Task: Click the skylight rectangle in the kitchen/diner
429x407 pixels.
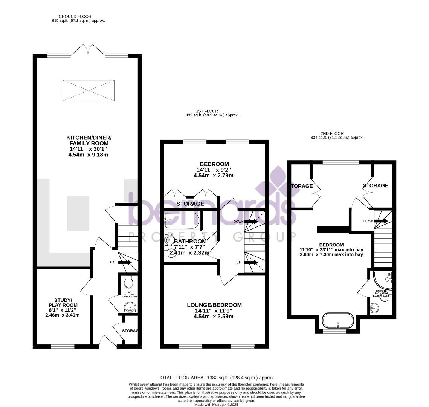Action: (x=89, y=90)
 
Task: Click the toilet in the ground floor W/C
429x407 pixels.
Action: (x=128, y=282)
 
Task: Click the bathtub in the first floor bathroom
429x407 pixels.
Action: (x=182, y=220)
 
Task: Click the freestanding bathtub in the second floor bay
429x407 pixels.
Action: (x=338, y=321)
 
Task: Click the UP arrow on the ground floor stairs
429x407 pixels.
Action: (x=125, y=263)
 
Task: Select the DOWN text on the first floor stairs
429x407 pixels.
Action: (x=238, y=222)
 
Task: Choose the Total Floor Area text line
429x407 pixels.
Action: (x=216, y=377)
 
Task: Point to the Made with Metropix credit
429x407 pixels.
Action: (x=216, y=405)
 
